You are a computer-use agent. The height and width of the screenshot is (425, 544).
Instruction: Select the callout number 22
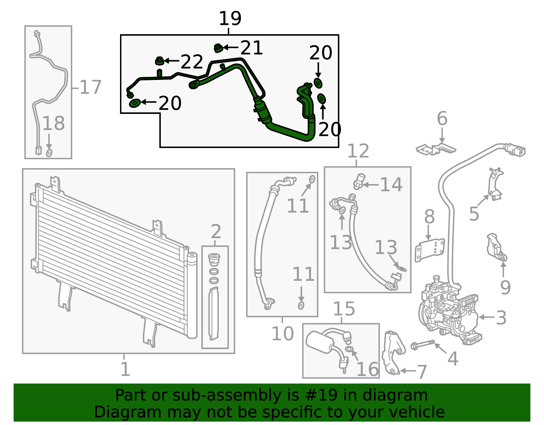point(192,62)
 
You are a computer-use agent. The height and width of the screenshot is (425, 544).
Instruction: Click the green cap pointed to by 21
point(218,48)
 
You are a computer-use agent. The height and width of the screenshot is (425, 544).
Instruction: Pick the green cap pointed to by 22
point(159,61)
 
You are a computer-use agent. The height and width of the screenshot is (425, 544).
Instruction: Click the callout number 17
point(90,87)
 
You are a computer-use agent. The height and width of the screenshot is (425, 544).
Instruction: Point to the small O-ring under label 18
point(49,153)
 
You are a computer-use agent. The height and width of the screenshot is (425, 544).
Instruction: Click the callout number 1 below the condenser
point(125,369)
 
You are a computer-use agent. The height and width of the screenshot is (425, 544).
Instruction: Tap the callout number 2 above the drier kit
point(216,232)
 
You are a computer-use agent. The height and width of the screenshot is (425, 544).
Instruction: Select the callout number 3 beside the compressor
point(501,318)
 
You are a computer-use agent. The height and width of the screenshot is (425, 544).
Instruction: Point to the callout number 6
point(442,118)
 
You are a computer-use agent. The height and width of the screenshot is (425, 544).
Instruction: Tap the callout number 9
point(505,288)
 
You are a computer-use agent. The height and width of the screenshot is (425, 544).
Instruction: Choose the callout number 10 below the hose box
point(283,333)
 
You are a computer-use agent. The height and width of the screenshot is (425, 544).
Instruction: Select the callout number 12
point(358,151)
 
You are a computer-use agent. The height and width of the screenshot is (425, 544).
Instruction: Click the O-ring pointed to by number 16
point(349,349)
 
